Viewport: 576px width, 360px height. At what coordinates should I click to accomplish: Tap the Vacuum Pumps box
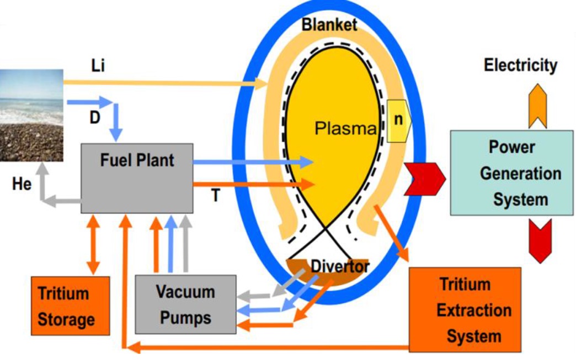point(185,304)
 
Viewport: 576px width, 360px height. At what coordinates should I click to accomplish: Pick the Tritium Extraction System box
point(465,310)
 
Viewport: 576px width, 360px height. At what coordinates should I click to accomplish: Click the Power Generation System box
point(511,173)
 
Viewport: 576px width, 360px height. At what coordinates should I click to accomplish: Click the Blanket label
point(329,25)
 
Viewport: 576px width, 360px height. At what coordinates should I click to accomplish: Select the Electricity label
point(520,65)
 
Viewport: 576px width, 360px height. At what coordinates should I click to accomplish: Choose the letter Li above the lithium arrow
point(98,66)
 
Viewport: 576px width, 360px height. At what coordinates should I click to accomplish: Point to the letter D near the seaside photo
point(95,118)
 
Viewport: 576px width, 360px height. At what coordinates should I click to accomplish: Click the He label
point(22,184)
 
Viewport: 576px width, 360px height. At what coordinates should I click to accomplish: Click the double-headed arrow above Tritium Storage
point(93,245)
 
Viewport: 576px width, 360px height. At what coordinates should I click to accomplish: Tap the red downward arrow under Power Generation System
point(540,240)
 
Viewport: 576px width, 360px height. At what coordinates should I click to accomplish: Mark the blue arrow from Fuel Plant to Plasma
point(253,162)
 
